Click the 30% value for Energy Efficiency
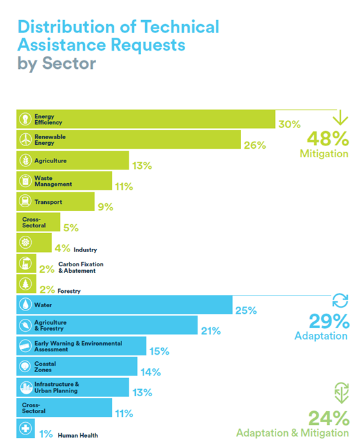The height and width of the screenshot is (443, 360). pos(289,124)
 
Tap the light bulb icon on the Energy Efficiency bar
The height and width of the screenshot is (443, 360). pos(25,119)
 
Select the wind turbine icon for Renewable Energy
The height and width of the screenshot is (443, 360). pos(25,139)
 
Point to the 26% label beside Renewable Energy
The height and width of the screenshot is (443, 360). pos(255,146)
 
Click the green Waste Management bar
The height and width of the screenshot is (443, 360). pos(64,181)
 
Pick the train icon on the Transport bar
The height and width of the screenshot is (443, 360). pos(25,201)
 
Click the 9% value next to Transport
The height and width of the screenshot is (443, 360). pos(105,207)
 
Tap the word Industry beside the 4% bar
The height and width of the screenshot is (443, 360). pos(85,249)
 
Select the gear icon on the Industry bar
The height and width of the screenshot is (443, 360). pos(25,242)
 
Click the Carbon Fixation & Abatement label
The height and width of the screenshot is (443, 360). pos(81,267)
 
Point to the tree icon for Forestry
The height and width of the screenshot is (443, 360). pos(25,283)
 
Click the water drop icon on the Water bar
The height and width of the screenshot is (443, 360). pos(25,305)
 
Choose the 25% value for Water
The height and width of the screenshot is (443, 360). pos(246,310)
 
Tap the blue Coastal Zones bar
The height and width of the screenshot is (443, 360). pos(77,366)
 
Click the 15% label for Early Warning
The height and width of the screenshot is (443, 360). pos(159,351)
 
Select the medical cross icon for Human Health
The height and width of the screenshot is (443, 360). pos(25,428)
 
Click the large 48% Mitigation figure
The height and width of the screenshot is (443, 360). pos(328,139)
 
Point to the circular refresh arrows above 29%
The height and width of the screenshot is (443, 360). pos(341,300)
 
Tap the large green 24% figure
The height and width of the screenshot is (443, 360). pos(329,418)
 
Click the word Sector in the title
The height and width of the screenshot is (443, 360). pos(70,63)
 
